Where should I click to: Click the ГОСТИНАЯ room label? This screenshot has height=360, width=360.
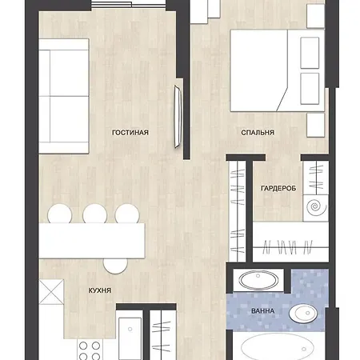coord(130,133)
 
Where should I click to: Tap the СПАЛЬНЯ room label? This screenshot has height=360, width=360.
coord(258,133)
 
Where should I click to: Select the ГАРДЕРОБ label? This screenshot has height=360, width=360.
coord(278,188)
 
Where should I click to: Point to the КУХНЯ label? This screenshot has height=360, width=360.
coord(100,290)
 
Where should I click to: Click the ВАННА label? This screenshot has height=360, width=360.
coord(262,311)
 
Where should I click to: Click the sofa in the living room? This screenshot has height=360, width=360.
coord(64,96)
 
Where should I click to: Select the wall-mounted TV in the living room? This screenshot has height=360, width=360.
coord(178,117)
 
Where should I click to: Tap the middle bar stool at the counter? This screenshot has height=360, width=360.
coord(94,214)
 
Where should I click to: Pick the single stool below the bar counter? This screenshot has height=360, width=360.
coord(115,266)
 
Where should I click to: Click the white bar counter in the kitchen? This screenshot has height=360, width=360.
coord(92,241)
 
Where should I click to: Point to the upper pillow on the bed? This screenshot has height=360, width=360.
coord(310,53)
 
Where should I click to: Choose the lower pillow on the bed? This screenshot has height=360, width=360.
coord(310,89)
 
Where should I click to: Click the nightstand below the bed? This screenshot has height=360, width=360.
coord(316,126)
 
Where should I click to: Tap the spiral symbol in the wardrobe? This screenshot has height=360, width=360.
coord(316,206)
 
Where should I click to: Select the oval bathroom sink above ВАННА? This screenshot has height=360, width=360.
coord(258,280)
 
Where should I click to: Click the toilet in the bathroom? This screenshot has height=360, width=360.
coord(303,313)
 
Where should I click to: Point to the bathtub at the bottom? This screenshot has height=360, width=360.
coord(278,347)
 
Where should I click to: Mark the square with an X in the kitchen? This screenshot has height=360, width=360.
coord(51,292)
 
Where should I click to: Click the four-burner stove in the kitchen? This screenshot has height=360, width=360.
coord(90,350)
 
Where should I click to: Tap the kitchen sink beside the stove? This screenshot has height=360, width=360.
coord(130,338)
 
